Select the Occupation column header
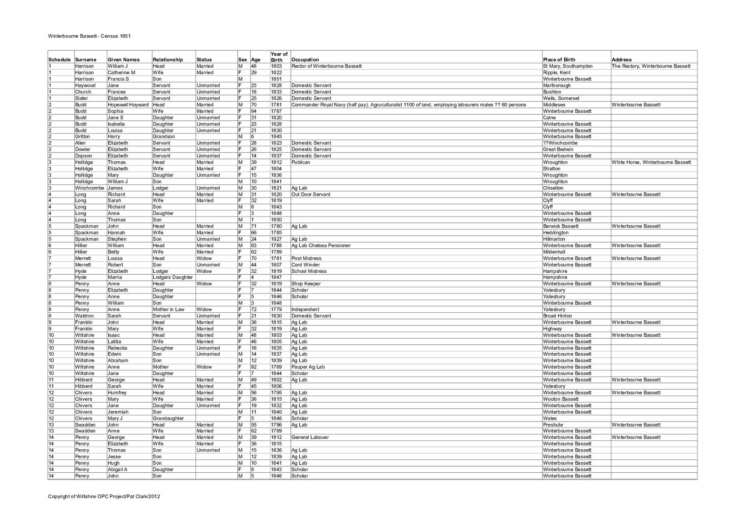click(305, 60)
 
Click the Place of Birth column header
click(559, 60)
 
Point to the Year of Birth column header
click(279, 57)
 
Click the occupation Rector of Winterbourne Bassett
click(326, 66)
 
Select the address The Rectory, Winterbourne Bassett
click(651, 66)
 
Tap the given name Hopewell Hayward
click(128, 105)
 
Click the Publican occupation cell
click(301, 162)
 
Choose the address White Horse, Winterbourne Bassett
click(651, 162)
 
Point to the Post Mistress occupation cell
click(306, 258)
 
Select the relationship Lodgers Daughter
click(173, 278)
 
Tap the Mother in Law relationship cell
click(168, 310)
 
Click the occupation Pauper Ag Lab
click(308, 367)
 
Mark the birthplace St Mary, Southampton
click(568, 66)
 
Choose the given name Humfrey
click(117, 393)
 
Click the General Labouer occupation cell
click(310, 437)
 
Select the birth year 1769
click(276, 367)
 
